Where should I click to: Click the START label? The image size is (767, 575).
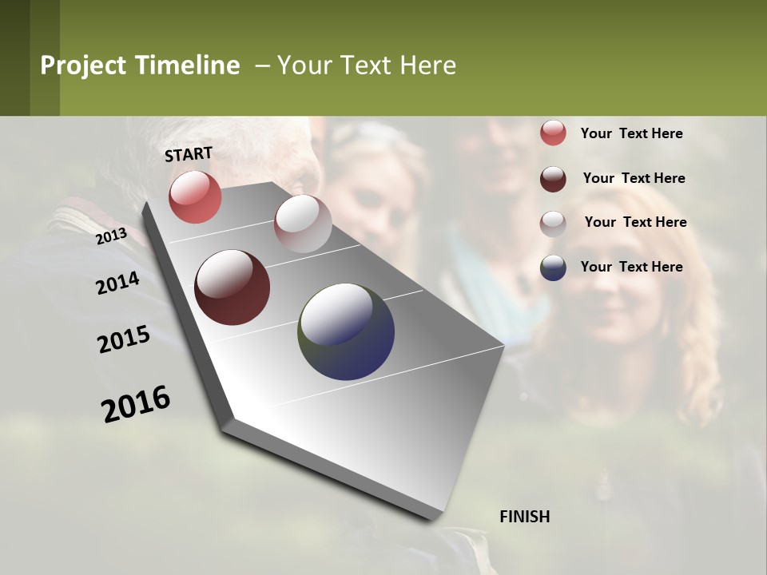pos(189,153)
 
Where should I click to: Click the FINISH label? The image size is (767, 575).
pos(524,517)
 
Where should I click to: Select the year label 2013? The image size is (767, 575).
pos(111,236)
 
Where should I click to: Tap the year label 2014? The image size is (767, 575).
pos(117,284)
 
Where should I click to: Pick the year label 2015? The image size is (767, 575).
pos(124,339)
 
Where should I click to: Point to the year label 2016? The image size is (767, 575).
pos(136,404)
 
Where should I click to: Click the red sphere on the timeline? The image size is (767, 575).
pos(195,196)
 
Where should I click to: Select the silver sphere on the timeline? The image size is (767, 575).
pos(303,224)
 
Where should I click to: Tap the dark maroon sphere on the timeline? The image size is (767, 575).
pos(232,287)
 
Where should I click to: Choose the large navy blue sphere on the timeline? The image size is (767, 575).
pos(346,331)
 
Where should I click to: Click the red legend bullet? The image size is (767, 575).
pos(553,133)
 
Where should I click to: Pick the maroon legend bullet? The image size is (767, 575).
pos(553,179)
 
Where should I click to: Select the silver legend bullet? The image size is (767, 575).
pos(553,224)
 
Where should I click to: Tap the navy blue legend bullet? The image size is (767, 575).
pos(553,268)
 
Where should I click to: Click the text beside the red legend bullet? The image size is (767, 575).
pos(631,134)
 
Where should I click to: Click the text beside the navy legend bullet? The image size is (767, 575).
pos(631,267)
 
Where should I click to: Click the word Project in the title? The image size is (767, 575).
pos(83,65)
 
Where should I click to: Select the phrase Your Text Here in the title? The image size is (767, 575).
pos(367,65)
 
